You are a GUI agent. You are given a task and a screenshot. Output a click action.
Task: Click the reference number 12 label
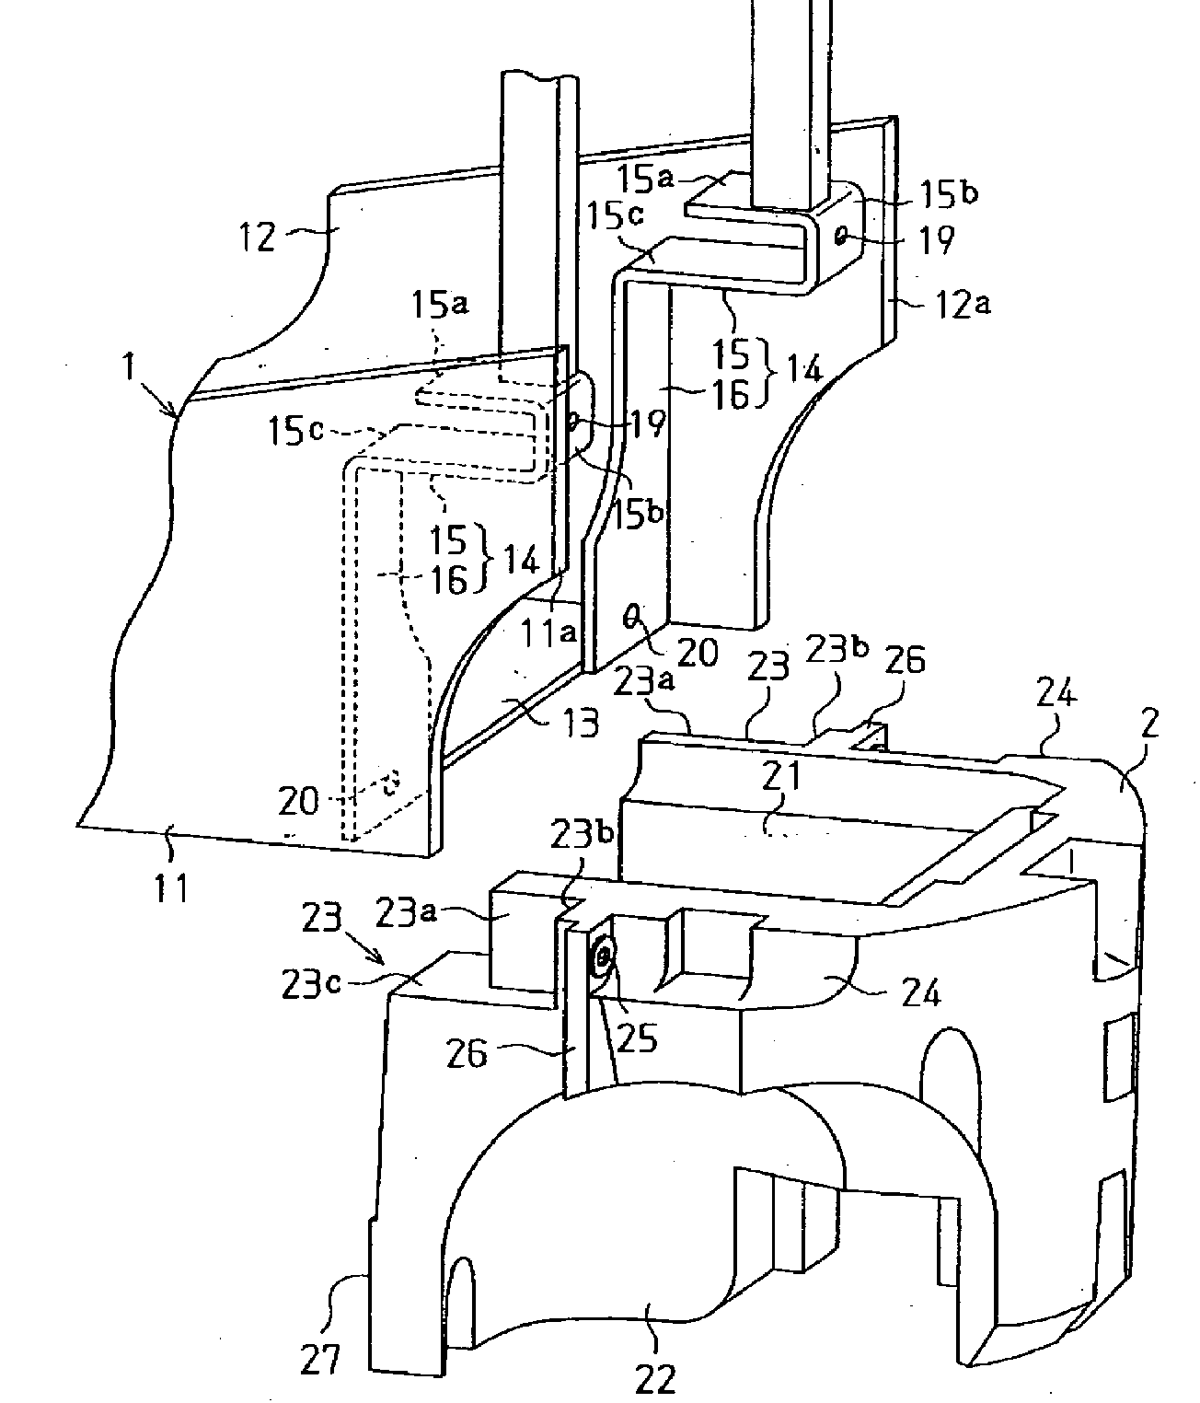(x=257, y=237)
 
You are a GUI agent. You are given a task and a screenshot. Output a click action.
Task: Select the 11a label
(x=548, y=632)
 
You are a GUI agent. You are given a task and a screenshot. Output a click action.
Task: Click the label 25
(x=638, y=1038)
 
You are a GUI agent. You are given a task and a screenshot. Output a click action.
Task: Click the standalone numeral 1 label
(x=128, y=367)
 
